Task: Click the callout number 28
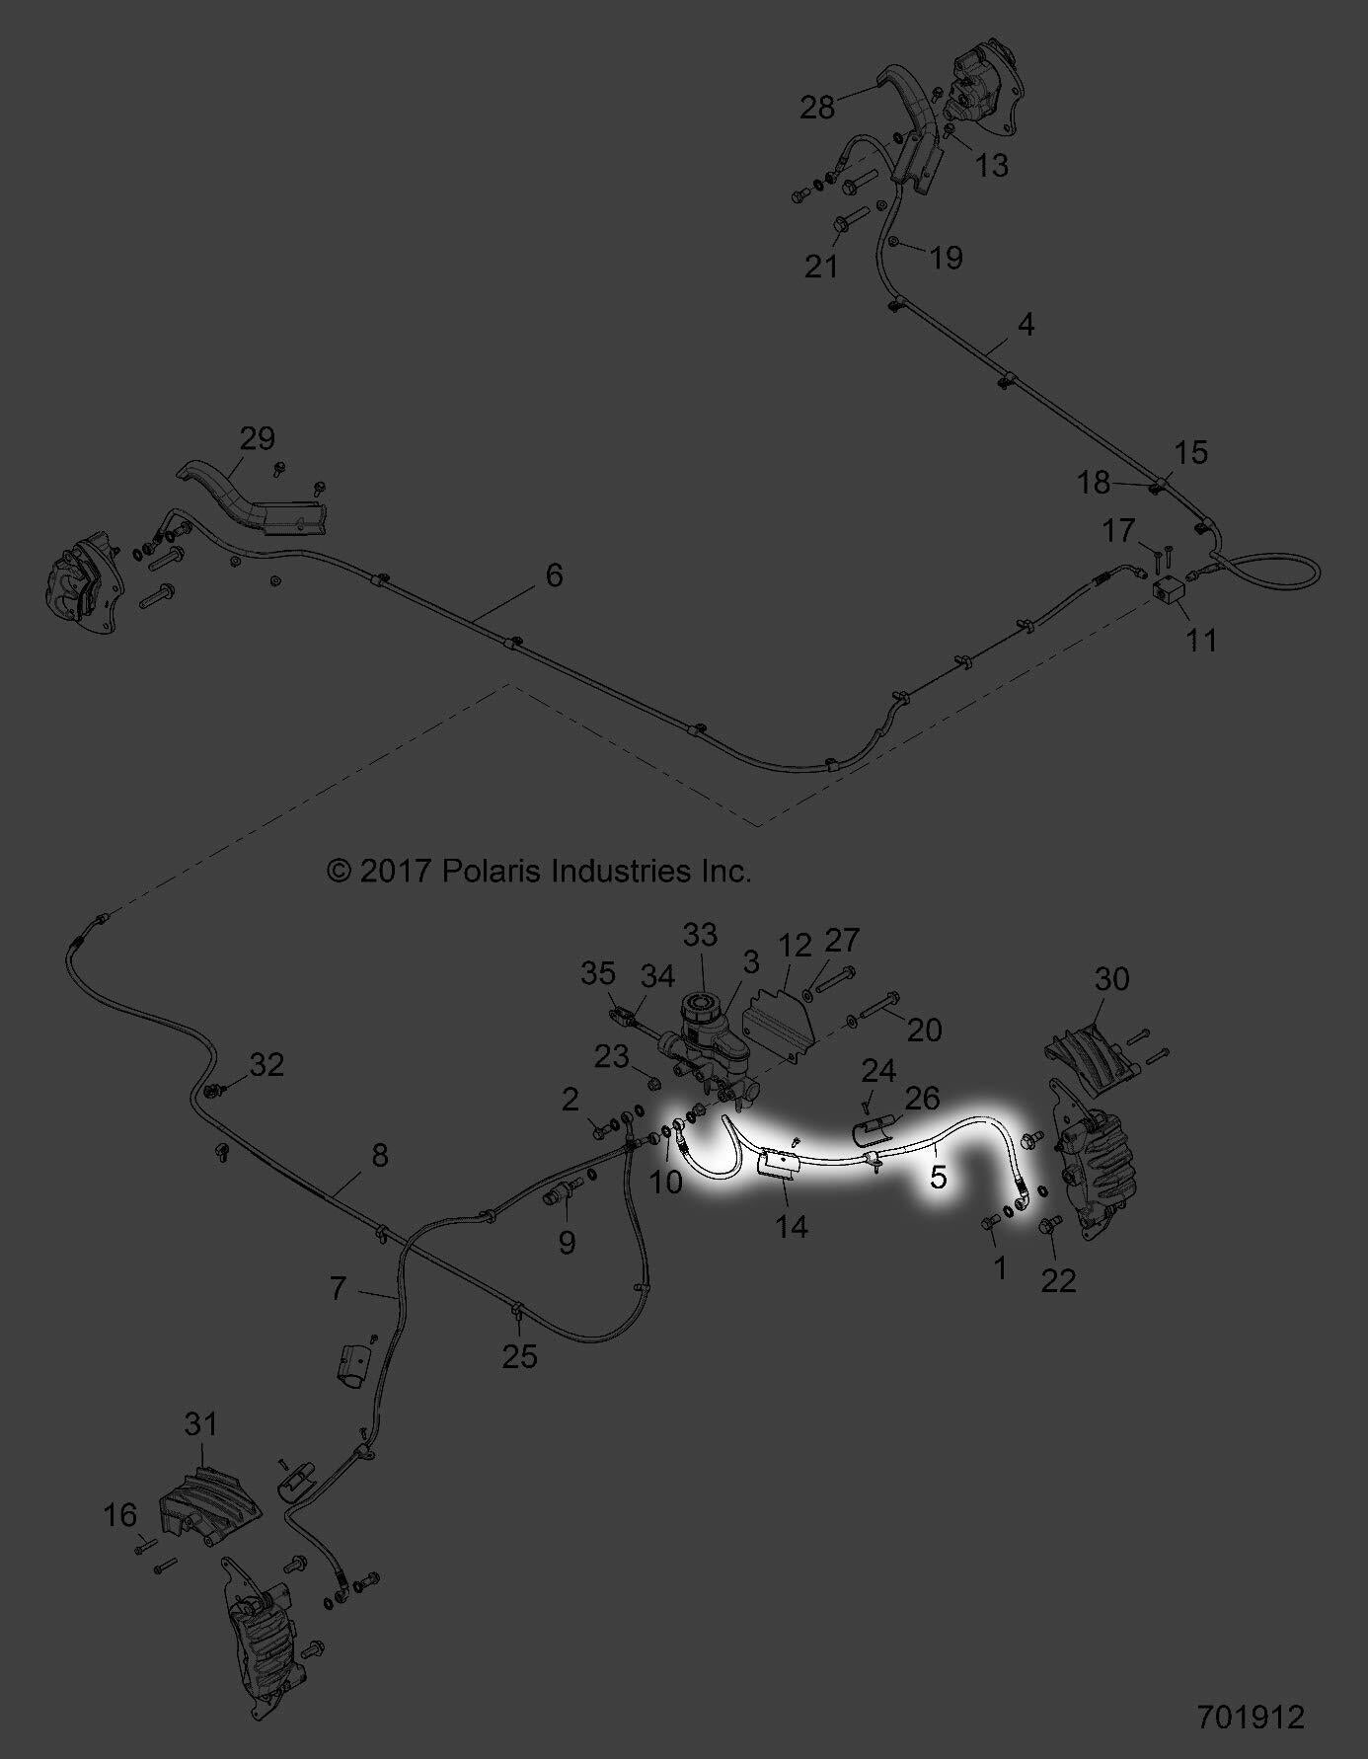click(817, 107)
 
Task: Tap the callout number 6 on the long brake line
click(554, 574)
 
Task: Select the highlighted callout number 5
click(938, 1176)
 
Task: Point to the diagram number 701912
click(1251, 1716)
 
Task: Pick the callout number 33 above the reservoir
click(701, 935)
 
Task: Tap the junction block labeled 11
click(1169, 589)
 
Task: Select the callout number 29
click(258, 437)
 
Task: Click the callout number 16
click(121, 1514)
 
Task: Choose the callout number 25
click(520, 1356)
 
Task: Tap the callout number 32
click(266, 1064)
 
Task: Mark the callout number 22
click(1058, 1280)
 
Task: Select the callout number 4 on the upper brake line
click(1026, 324)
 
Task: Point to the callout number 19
click(946, 258)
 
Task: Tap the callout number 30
click(1111, 979)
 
